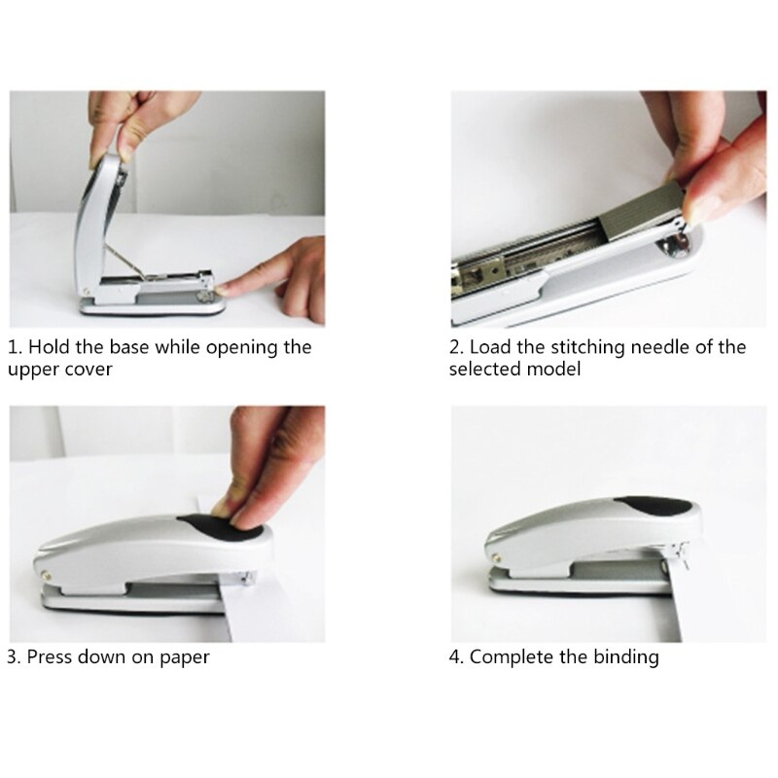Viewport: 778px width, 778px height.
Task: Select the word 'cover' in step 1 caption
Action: (88, 371)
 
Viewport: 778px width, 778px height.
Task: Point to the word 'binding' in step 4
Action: (622, 656)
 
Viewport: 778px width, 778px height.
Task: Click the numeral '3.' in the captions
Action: (14, 656)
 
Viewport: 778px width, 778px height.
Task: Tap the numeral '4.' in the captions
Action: (457, 656)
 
